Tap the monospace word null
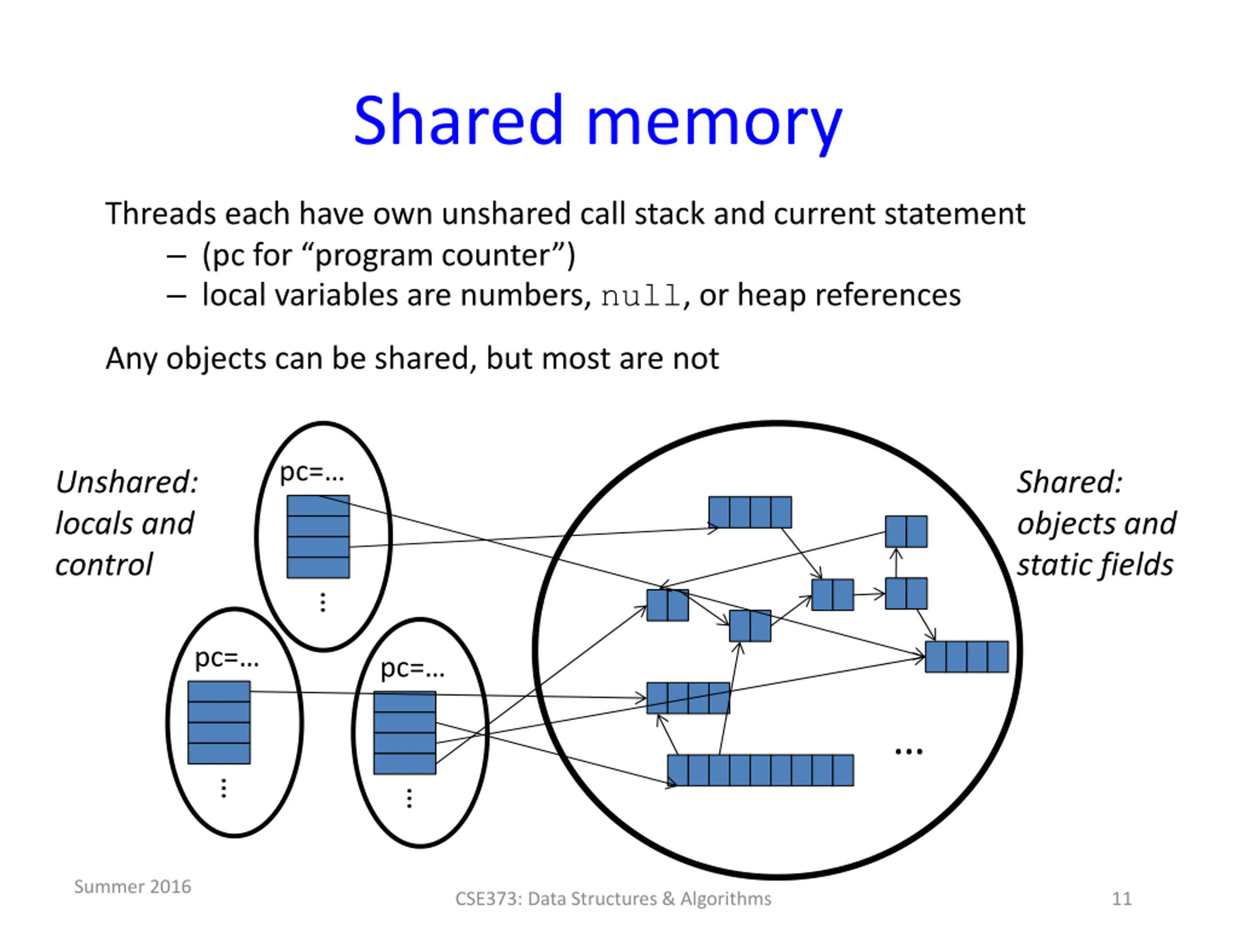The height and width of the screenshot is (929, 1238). tap(641, 296)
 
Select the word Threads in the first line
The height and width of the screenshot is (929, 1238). tap(161, 213)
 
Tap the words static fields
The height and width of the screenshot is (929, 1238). tap(1095, 565)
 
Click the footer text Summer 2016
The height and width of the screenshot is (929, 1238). tap(133, 886)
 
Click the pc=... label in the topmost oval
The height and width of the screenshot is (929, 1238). tap(312, 473)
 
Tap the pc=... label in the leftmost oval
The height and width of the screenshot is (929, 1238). tap(227, 659)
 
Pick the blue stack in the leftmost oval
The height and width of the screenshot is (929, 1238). tap(219, 722)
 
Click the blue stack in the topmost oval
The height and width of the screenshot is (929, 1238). tap(318, 537)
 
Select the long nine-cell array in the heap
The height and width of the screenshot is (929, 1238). tap(761, 770)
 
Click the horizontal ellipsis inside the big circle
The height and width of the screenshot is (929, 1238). tap(909, 751)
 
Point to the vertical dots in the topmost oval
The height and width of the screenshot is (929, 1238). tap(323, 602)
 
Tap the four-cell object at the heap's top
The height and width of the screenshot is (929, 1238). tap(750, 512)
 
